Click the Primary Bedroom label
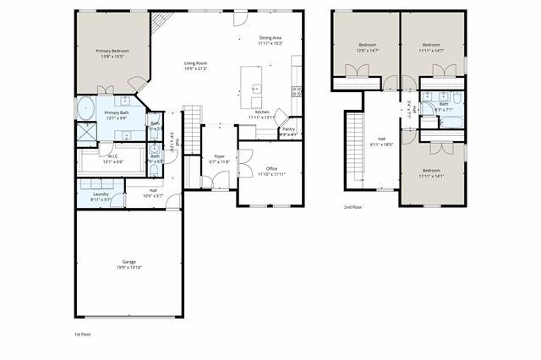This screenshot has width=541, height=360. pos(112,51)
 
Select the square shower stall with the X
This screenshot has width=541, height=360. pos(86,133)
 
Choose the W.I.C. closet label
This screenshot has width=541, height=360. pos(112,155)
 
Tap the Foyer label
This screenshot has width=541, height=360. pos(220,156)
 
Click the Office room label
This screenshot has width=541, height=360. pos(271,169)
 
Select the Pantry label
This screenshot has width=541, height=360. pos(288,129)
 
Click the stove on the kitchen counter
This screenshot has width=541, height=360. pos(297,90)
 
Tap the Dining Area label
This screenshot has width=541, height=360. pos(270,37)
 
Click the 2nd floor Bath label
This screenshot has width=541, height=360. pos(443,105)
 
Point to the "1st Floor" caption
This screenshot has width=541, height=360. pos(83,335)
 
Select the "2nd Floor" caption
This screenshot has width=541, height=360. pos(353,207)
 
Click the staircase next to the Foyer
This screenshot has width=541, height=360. pos(193,128)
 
